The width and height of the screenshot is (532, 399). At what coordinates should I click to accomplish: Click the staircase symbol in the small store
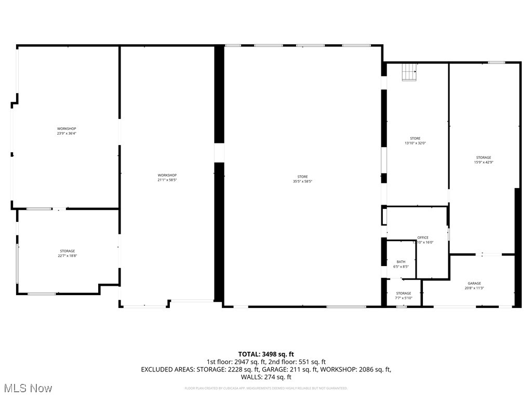point(409,72)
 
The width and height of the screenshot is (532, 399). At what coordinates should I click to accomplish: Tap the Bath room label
point(401,262)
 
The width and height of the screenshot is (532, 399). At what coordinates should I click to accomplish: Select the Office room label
point(423,237)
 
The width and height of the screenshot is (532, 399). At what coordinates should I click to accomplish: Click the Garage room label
point(474,283)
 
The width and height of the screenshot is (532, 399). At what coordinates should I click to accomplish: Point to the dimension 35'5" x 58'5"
point(302,182)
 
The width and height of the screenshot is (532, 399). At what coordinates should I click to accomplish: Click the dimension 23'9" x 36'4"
point(66,134)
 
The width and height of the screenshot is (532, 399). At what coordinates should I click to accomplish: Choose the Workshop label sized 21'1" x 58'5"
point(167,175)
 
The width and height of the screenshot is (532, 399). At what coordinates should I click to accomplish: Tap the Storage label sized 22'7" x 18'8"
point(66,251)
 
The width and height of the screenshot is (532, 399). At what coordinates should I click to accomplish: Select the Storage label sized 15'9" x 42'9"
point(483,157)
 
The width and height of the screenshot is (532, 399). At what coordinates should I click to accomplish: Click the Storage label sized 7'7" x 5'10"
point(404,294)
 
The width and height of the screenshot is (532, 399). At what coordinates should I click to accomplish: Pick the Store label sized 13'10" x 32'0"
point(415,138)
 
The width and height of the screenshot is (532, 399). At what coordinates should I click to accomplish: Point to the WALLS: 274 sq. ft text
point(266,377)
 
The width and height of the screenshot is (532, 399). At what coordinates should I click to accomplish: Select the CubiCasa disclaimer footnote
point(266,388)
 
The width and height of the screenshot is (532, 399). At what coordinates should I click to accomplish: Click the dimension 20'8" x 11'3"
point(474,288)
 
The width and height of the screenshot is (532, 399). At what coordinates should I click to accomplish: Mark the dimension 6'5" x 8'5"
point(401,267)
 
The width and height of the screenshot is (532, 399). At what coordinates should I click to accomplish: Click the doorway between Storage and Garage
point(491,254)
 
